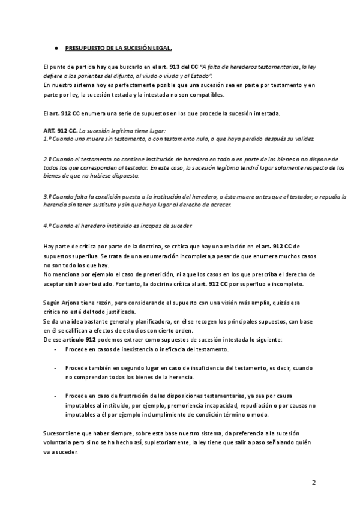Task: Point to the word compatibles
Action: [207, 95]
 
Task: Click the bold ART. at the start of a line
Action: [52, 130]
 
